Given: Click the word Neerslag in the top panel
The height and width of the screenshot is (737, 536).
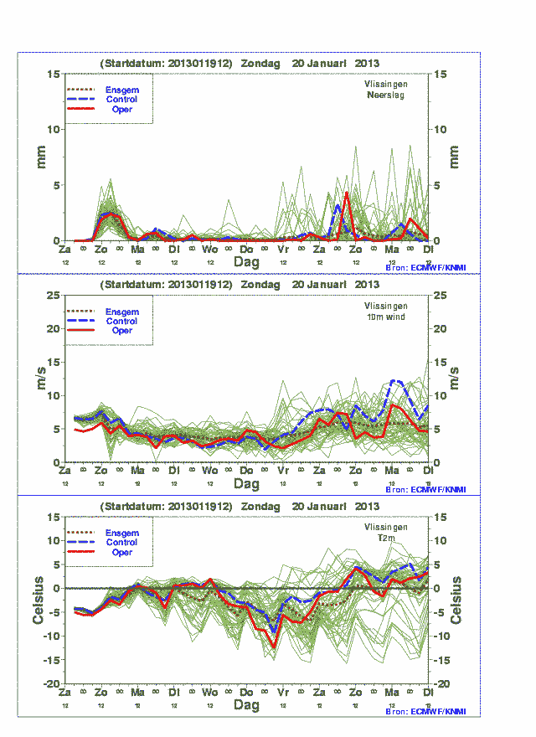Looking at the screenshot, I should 385,96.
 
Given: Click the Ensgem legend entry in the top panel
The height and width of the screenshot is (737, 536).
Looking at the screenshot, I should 121,90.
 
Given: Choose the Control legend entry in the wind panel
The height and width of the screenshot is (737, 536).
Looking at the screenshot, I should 121,321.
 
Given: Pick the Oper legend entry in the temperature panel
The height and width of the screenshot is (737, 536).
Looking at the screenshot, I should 121,553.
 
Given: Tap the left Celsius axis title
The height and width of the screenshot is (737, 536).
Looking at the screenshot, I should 39,600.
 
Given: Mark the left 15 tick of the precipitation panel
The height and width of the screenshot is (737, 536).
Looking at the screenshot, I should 54,74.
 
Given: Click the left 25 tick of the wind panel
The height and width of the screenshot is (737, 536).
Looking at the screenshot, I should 54,296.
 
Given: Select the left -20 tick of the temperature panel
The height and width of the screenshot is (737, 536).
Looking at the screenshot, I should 52,684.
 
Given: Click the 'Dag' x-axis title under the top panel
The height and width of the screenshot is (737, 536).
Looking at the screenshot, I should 246,262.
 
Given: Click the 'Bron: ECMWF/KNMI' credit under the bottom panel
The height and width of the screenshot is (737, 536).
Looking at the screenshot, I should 425,711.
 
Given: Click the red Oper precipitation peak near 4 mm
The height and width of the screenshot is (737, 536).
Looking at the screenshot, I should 346,193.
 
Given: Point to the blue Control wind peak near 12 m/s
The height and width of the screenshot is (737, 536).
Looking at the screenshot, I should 397,381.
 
